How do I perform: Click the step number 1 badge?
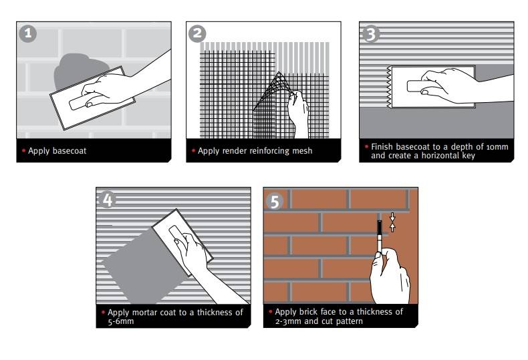27,33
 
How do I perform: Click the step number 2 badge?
197,33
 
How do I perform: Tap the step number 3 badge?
370,34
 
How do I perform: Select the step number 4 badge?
107,200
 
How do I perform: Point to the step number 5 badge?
275,201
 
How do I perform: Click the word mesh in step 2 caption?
302,151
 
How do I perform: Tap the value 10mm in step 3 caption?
497,147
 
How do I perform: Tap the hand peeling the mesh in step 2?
298,114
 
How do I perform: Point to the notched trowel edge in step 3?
389,87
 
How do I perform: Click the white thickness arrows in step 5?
392,222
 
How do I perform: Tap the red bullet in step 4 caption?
103,313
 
